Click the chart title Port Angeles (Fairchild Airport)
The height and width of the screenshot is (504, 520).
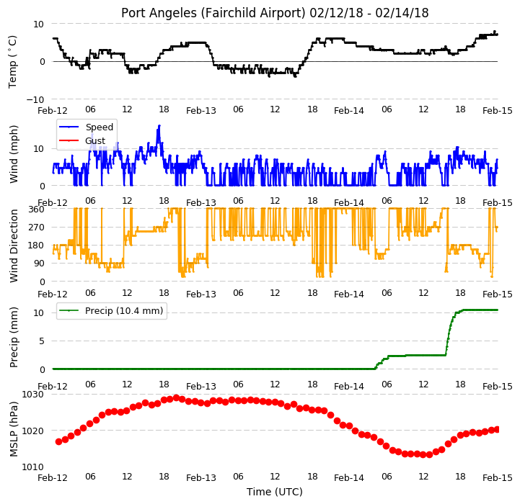213,13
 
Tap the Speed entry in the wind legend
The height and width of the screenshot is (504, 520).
99,127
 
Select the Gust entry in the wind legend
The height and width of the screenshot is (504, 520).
95,140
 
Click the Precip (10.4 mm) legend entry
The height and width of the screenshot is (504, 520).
124,310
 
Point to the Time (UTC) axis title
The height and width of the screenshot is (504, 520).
275,492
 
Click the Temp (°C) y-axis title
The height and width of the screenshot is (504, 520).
12,62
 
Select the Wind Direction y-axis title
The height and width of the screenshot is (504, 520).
14,246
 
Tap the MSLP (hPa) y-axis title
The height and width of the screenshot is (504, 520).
14,429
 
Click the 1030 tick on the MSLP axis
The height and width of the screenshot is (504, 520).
33,395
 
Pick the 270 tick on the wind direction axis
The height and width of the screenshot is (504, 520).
37,228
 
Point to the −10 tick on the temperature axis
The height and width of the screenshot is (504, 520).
35,99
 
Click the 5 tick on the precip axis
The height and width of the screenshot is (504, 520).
41,341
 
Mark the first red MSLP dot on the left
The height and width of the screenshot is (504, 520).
58,441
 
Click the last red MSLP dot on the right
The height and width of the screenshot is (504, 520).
497,430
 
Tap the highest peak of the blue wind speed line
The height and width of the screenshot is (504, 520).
159,125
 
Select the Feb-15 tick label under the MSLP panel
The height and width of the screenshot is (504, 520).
497,478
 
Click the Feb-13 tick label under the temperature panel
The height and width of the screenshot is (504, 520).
201,110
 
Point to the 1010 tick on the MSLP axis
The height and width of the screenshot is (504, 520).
33,467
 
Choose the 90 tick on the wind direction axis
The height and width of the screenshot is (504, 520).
40,264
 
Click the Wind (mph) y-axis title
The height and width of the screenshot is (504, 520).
14,154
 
